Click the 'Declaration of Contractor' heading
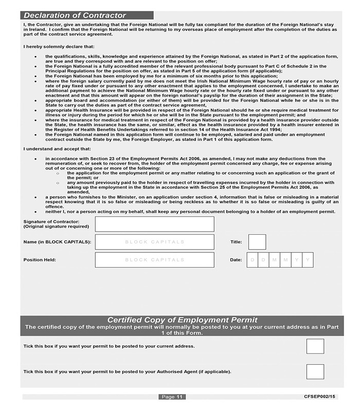(75, 15)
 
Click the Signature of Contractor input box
(154, 224)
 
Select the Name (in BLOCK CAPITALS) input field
(154, 242)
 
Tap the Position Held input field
(154, 260)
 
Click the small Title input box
(257, 242)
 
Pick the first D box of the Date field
(253, 260)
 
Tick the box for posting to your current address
(315, 346)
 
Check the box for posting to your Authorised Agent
(315, 371)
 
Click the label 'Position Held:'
(40, 260)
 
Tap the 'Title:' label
(236, 241)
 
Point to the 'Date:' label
(236, 260)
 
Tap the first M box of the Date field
(275, 260)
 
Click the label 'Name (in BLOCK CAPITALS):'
(57, 241)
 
